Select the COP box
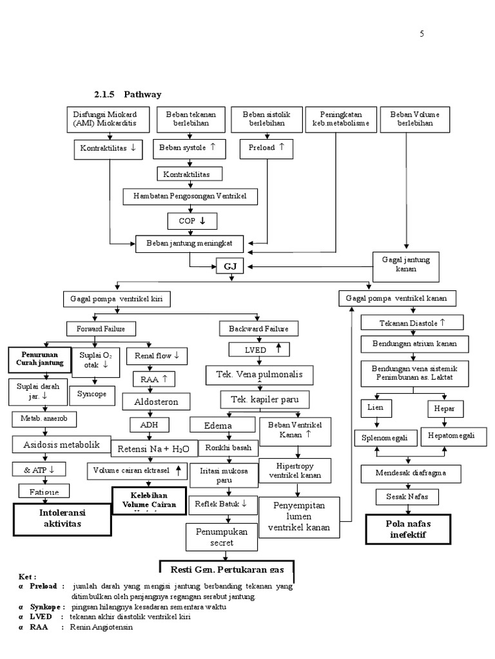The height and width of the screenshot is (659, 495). point(189,221)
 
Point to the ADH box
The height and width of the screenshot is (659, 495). point(148,425)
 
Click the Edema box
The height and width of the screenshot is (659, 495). point(218,425)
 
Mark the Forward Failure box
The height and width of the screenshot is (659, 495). point(101,329)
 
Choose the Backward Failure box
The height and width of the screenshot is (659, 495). point(258,329)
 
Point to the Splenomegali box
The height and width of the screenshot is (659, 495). point(381,438)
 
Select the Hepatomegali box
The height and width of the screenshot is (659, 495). point(451,436)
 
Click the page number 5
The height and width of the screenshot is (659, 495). point(422,34)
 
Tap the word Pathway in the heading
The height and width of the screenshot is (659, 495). point(142,95)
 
